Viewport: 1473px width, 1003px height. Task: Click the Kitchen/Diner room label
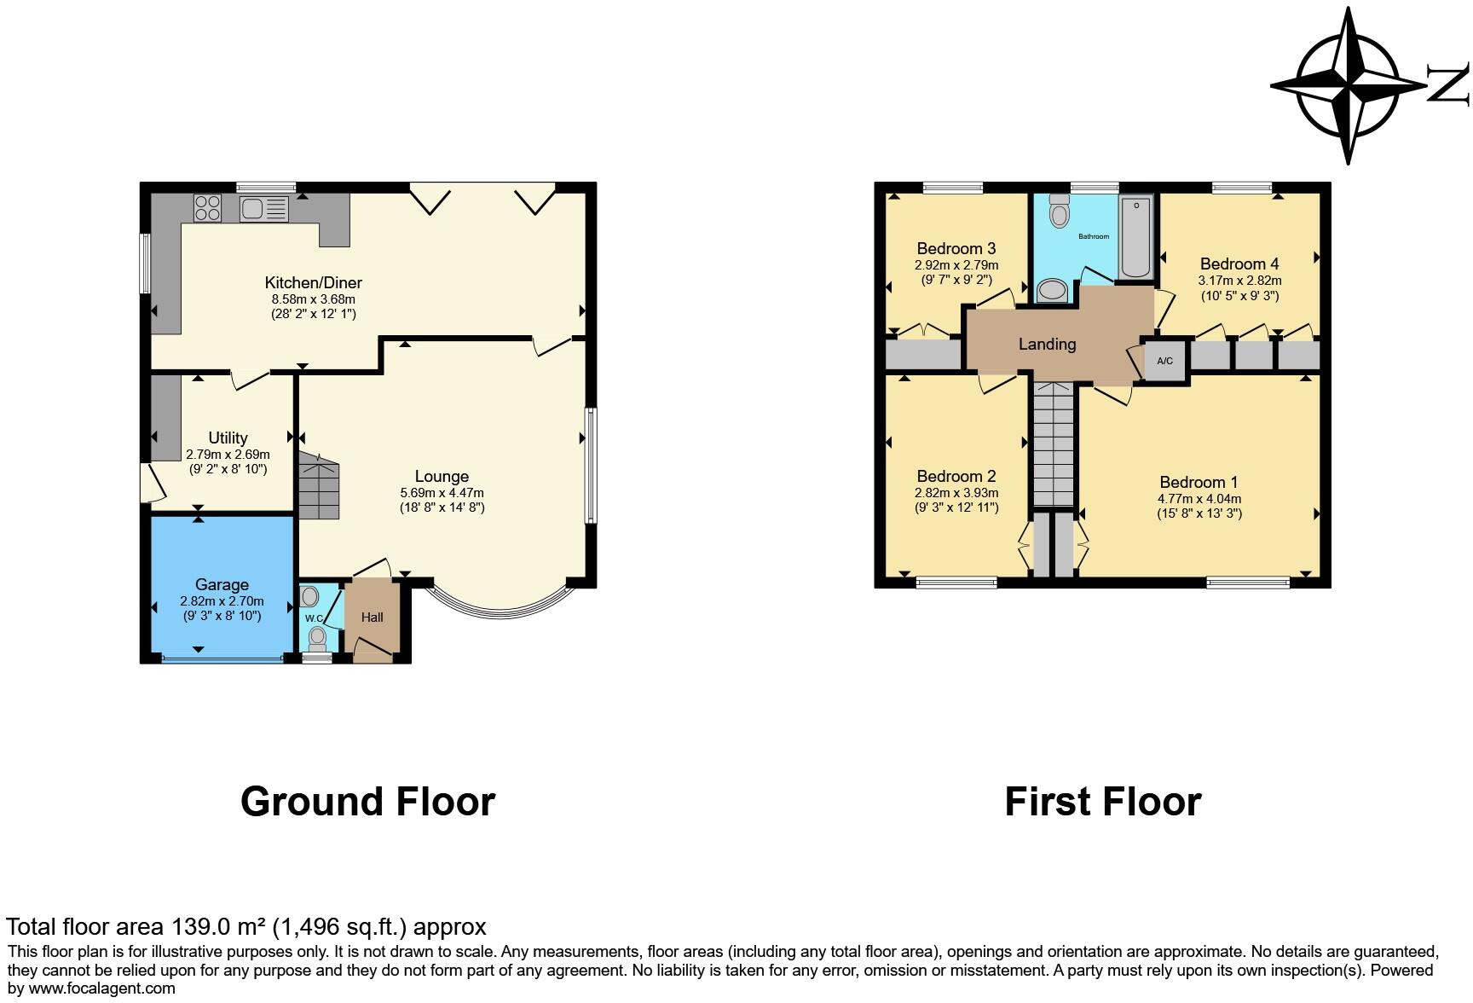tap(313, 282)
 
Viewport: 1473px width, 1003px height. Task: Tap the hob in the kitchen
tap(207, 206)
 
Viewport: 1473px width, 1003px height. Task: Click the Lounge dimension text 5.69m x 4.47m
tap(442, 493)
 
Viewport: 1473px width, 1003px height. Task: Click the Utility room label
tap(228, 438)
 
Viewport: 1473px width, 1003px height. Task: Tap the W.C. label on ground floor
tap(314, 618)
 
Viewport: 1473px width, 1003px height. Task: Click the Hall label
tap(372, 617)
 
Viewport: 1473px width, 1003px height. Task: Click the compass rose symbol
tap(1347, 85)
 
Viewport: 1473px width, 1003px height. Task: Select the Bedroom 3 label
tap(956, 248)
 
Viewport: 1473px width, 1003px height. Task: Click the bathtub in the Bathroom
tap(1135, 237)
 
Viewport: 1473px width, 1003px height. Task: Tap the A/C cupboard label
tap(1164, 361)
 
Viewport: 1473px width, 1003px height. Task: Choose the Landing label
tap(1047, 344)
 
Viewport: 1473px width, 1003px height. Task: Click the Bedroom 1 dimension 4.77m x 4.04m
tap(1199, 499)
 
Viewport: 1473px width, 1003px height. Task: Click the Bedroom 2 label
tap(956, 476)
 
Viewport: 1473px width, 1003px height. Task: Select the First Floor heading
tap(1102, 802)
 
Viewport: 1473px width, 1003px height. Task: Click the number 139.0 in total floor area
tap(199, 926)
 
